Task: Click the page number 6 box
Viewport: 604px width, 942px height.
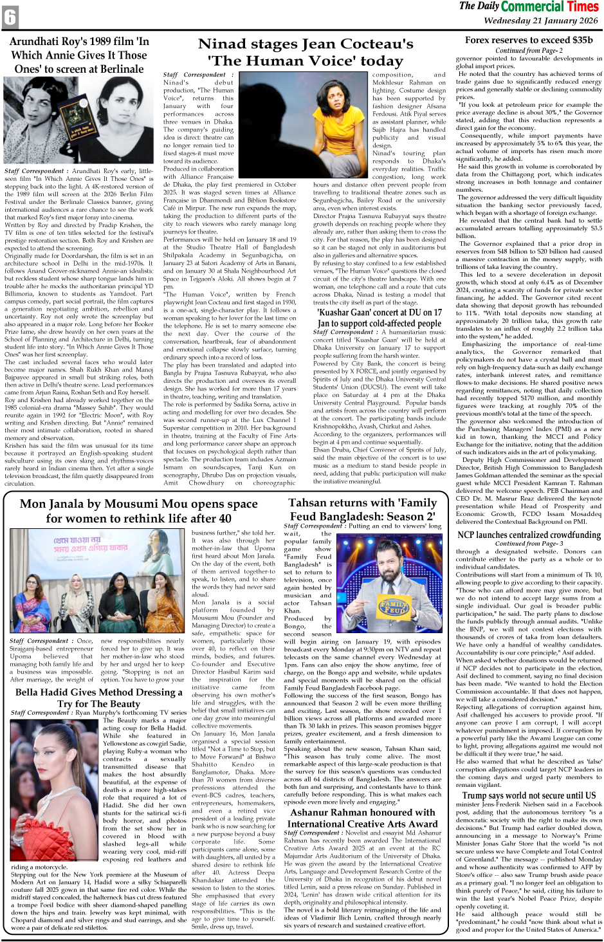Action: [10, 17]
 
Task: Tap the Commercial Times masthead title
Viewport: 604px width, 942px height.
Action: [529, 7]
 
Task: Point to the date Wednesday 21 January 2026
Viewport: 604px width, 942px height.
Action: [540, 21]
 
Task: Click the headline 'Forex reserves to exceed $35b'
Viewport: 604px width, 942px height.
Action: [529, 40]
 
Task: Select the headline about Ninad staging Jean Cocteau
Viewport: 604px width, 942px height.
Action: [305, 52]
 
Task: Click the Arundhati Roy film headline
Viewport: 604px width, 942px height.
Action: [79, 55]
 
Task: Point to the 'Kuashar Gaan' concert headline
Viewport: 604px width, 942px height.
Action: [379, 318]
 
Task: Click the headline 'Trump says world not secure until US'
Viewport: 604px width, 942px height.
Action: [529, 795]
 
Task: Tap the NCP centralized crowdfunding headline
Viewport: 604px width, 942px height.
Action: [529, 535]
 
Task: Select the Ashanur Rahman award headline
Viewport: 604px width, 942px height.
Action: [362, 818]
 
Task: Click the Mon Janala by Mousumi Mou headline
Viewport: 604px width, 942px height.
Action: [138, 511]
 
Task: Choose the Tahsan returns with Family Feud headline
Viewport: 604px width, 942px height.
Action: [362, 509]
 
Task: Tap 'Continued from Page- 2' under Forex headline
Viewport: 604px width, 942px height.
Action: [529, 50]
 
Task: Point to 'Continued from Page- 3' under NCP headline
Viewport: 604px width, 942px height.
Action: [529, 544]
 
